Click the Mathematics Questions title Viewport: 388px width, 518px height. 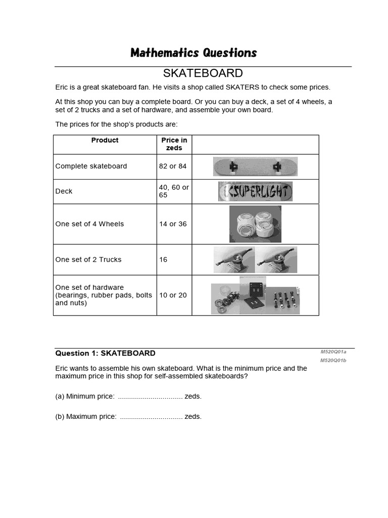(x=193, y=53)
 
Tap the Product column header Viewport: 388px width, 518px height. (x=105, y=140)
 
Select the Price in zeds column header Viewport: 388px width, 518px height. (x=174, y=144)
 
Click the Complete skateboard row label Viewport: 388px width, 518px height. (x=91, y=166)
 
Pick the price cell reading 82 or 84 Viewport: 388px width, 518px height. (x=172, y=166)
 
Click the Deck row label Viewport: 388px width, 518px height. (x=64, y=191)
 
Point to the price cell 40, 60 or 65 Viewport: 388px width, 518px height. (x=173, y=191)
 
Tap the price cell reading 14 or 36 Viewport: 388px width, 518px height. (x=172, y=224)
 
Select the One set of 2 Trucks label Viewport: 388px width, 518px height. (x=88, y=260)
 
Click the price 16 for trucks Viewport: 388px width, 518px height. (x=163, y=260)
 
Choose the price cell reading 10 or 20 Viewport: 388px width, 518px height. (x=172, y=295)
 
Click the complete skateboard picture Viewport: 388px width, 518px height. (x=255, y=166)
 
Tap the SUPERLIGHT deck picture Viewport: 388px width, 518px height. (x=255, y=192)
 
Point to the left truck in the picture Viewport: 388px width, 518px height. (x=234, y=257)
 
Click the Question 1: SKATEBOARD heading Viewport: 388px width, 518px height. (x=105, y=353)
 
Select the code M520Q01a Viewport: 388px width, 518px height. (x=333, y=352)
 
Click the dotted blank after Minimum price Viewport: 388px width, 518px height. (x=150, y=397)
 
